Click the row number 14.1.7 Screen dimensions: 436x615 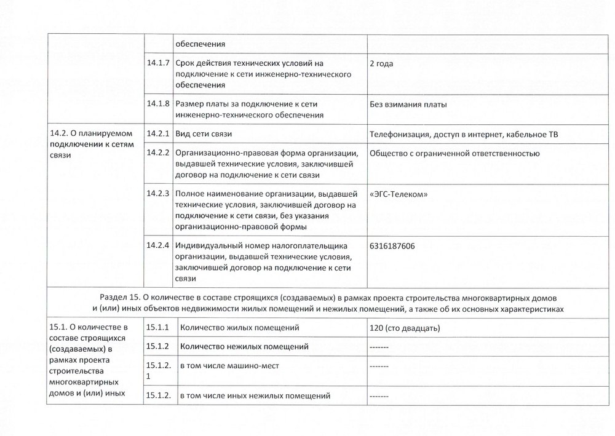[x=159, y=63]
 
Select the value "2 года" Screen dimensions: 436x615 [x=382, y=63]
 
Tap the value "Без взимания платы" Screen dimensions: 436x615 [x=408, y=104]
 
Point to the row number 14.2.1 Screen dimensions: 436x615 [x=159, y=133]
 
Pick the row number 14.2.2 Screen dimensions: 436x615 [x=159, y=153]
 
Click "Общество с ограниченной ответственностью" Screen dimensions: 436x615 [x=454, y=153]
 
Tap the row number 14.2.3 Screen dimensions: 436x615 [x=159, y=193]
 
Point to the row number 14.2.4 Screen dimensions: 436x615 [x=159, y=245]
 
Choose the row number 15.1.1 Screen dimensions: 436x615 [x=158, y=327]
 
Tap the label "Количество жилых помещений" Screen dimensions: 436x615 [x=239, y=327]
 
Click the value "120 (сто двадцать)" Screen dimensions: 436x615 [x=405, y=328]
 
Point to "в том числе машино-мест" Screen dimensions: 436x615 [x=229, y=365]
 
